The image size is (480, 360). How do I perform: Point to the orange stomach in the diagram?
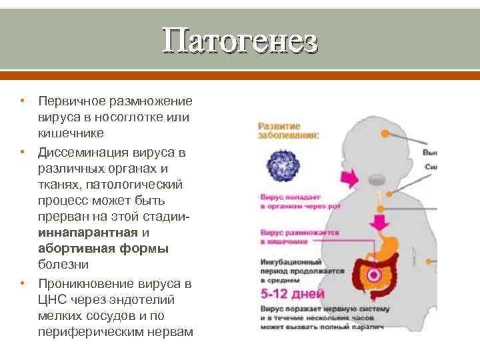click(385, 250)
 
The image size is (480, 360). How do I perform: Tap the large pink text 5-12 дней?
click(292, 294)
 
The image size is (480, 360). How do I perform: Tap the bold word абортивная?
click(75, 249)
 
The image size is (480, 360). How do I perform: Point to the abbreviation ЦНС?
click(51, 299)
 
